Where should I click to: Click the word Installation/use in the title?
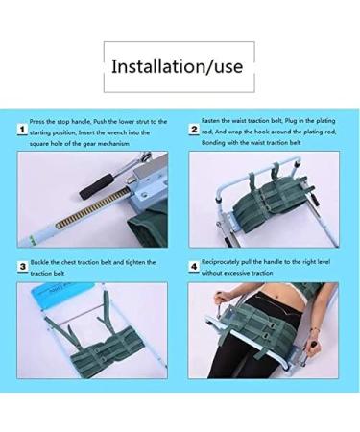coord(179,67)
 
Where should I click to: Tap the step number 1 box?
coord(20,126)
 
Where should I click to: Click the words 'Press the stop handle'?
coord(62,122)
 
